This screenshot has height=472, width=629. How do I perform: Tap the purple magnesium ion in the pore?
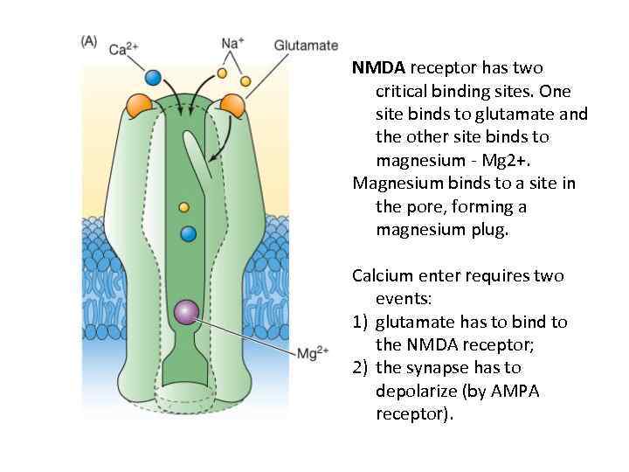tap(186, 311)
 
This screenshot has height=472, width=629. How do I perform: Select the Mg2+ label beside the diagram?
tap(313, 353)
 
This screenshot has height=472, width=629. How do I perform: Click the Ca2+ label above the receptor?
tap(124, 49)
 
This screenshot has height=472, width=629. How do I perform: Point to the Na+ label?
tap(232, 43)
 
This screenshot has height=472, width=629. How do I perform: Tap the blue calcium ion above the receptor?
tap(153, 78)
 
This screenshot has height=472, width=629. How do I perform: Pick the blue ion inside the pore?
tap(188, 233)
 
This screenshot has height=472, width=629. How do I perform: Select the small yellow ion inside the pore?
tap(183, 207)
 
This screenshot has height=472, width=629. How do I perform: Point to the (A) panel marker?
tap(89, 41)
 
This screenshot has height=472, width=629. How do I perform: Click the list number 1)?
tap(361, 322)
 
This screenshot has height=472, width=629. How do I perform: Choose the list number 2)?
tap(361, 367)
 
